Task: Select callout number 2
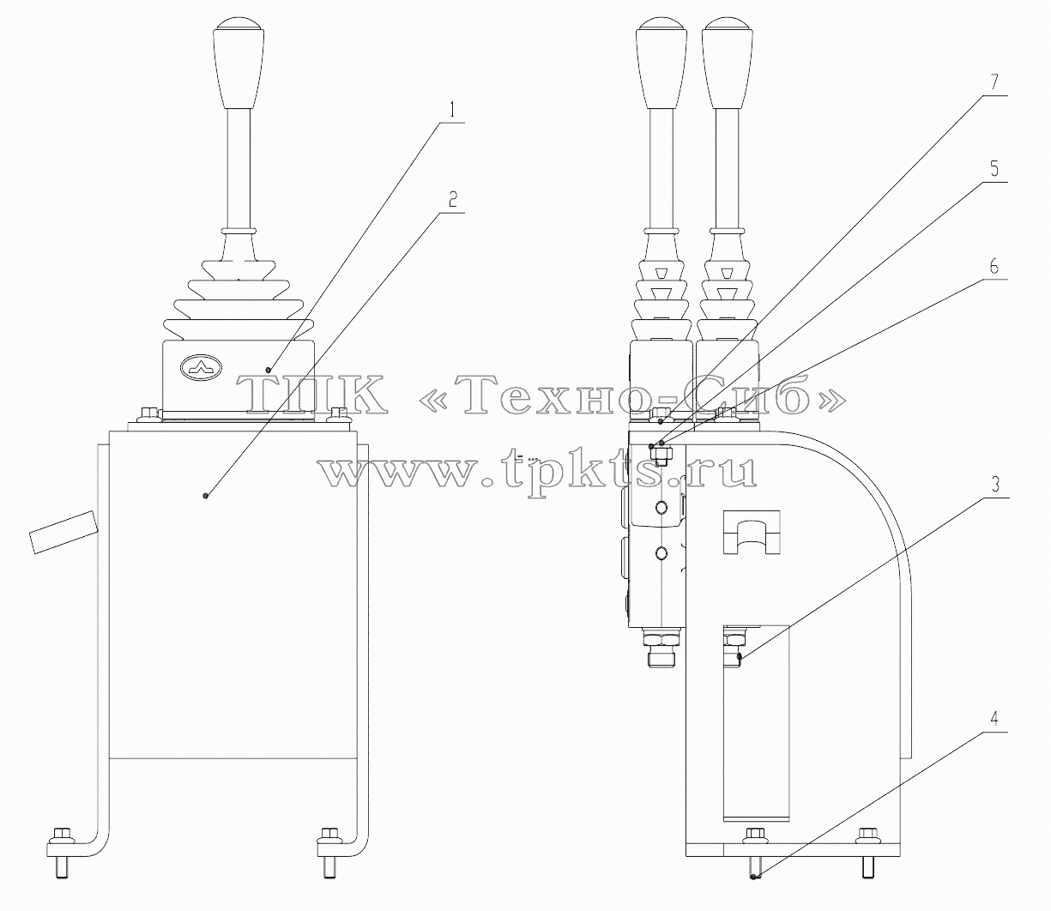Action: pyautogui.click(x=452, y=200)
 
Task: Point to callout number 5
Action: pyautogui.click(x=992, y=169)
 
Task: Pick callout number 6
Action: pyautogui.click(x=993, y=266)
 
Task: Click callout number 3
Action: pyautogui.click(x=993, y=485)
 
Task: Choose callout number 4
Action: pyautogui.click(x=993, y=718)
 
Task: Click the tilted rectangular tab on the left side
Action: pyautogui.click(x=63, y=532)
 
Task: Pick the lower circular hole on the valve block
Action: pyautogui.click(x=661, y=552)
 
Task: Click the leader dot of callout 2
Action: pyautogui.click(x=205, y=495)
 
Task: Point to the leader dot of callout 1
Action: pyautogui.click(x=269, y=369)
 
